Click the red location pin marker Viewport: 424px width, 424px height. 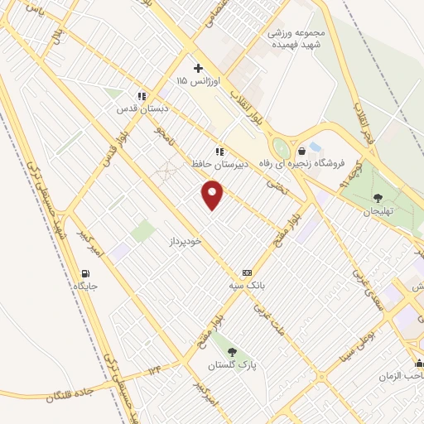click(x=213, y=195)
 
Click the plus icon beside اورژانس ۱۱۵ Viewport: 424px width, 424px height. click(x=197, y=68)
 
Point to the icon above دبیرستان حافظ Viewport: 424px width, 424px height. click(x=219, y=152)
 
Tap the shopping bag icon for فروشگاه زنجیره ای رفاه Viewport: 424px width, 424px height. click(x=301, y=151)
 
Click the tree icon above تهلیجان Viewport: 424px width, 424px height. click(x=378, y=197)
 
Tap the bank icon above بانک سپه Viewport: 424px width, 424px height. click(x=247, y=272)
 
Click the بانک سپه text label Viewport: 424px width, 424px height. click(x=247, y=285)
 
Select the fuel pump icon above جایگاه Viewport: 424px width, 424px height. click(x=85, y=274)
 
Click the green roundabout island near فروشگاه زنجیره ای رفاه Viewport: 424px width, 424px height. click(x=282, y=149)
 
